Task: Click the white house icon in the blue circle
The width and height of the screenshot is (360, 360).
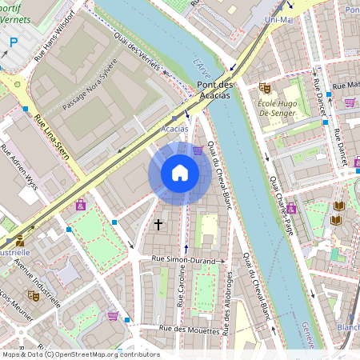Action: (x=180, y=173)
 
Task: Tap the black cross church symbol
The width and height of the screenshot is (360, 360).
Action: (x=158, y=226)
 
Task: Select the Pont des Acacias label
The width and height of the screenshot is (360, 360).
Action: (x=213, y=90)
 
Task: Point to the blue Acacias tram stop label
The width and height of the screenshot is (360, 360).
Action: (x=175, y=128)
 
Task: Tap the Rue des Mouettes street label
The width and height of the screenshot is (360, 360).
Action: (x=189, y=329)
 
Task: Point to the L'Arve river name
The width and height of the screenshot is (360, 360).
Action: (x=200, y=62)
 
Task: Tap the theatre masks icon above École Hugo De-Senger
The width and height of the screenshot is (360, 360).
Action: (x=265, y=87)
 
